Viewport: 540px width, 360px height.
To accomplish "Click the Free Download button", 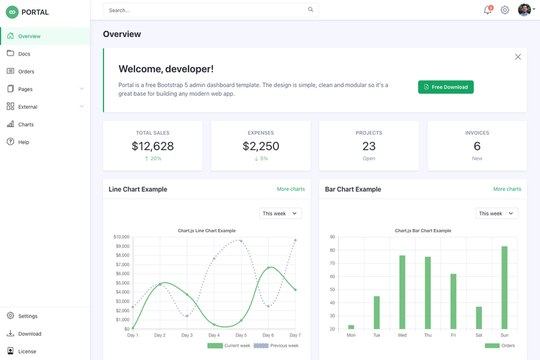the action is [x=446, y=87].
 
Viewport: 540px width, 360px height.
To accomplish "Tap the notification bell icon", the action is [x=487, y=10].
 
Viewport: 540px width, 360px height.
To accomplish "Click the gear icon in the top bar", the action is [x=505, y=10].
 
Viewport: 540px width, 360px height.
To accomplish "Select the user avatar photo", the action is [x=524, y=10].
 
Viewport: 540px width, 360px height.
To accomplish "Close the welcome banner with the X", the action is [x=518, y=57].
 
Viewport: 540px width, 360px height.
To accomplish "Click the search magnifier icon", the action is [x=310, y=9].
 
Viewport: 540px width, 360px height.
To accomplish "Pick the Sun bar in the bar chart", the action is [x=504, y=288].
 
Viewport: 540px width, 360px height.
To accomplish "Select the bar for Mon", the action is [x=351, y=327].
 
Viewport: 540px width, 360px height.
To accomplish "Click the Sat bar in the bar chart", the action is [x=479, y=317].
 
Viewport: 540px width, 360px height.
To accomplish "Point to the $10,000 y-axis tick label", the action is [x=122, y=236].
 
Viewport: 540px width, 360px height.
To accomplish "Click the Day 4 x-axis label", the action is [x=214, y=335].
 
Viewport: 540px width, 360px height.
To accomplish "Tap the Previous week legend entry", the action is [x=276, y=346].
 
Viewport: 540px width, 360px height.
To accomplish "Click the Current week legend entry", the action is [x=229, y=346].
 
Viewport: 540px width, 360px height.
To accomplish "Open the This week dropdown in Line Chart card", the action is [x=280, y=213].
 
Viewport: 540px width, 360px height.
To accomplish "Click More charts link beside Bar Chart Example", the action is [x=507, y=189].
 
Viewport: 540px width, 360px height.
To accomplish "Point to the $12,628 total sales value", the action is [x=153, y=146].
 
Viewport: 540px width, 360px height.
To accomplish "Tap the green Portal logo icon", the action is [x=12, y=12].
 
